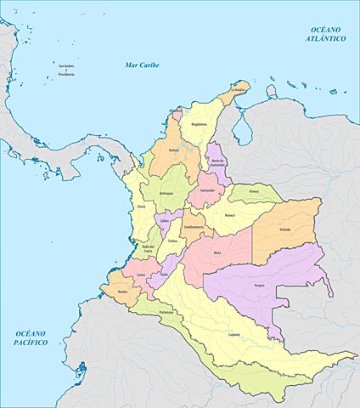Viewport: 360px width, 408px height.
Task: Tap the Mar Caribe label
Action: [143, 65]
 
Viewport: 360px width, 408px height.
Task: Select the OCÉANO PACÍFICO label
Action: [30, 337]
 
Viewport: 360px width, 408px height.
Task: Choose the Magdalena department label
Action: [199, 123]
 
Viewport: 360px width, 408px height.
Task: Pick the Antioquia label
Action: [166, 195]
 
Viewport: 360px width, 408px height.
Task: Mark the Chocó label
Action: [141, 207]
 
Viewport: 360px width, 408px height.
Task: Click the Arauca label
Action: [254, 191]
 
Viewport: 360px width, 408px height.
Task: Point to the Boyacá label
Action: [229, 215]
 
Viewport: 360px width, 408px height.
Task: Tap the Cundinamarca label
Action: [193, 227]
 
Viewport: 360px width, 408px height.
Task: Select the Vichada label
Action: [284, 229]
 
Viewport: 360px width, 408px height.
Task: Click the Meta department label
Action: [217, 252]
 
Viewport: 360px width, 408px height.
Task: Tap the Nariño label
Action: [122, 292]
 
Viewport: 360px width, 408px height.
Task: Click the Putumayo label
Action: [166, 312]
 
